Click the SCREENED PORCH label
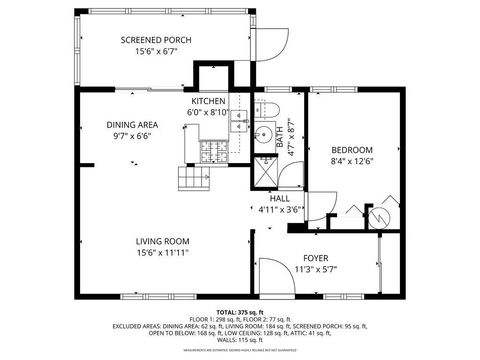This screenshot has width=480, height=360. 155,40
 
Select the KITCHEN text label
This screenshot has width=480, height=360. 209,102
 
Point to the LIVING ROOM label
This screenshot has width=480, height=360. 163,241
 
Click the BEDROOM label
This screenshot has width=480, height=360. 352,150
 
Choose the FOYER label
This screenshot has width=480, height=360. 315,258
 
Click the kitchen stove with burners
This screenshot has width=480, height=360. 213,151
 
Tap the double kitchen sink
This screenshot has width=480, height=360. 239,121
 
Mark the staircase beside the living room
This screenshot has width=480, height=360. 193,180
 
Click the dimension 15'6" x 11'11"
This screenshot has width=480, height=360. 163,253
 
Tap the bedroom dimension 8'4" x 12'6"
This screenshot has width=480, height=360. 352,162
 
